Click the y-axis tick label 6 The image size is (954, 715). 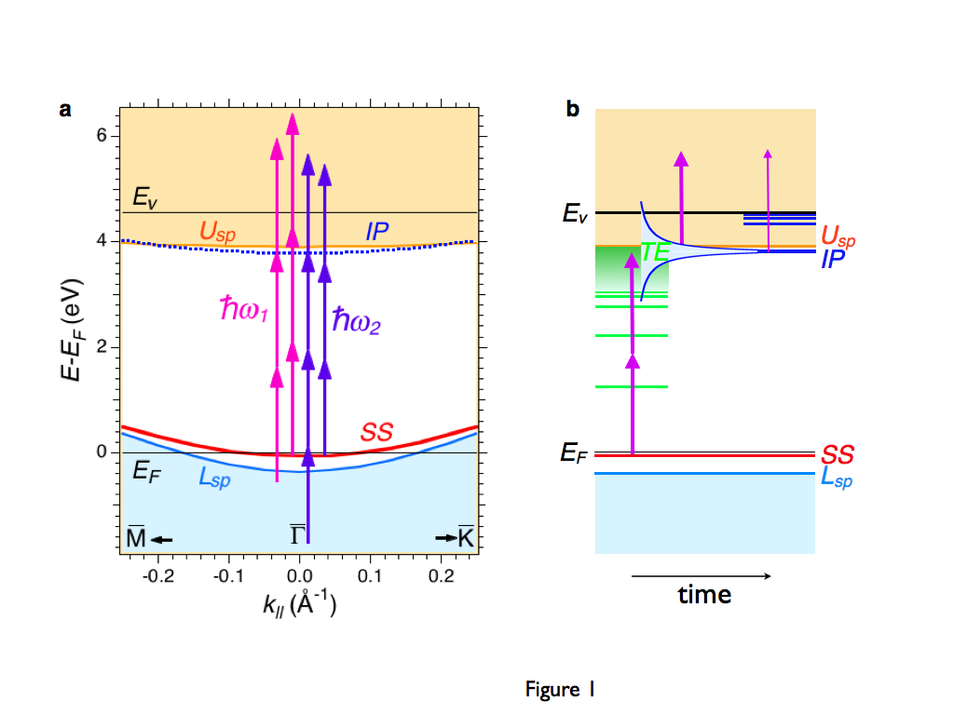pyautogui.click(x=103, y=136)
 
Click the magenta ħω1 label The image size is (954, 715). pyautogui.click(x=244, y=311)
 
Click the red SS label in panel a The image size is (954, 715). pyautogui.click(x=376, y=432)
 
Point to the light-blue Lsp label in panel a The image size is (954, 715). pyautogui.click(x=214, y=478)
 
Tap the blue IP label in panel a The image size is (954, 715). pyautogui.click(x=376, y=231)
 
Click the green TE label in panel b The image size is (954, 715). pyautogui.click(x=655, y=251)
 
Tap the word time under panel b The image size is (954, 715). pyautogui.click(x=704, y=594)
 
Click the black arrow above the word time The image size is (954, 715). pyautogui.click(x=701, y=576)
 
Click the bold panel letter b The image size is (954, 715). pyautogui.click(x=573, y=111)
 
